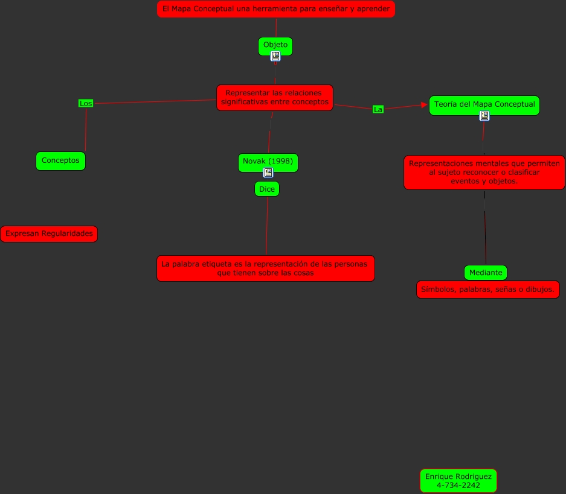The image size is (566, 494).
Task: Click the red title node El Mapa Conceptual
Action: (x=275, y=9)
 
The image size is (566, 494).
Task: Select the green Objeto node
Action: (x=275, y=45)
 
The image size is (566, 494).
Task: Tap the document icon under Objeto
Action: (x=275, y=56)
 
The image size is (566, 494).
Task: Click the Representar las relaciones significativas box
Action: (x=275, y=98)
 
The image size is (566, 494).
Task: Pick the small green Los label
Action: (x=86, y=104)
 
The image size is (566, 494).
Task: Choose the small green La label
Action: (x=378, y=109)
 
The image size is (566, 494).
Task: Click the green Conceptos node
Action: (x=60, y=161)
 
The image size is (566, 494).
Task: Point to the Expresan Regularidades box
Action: (x=49, y=233)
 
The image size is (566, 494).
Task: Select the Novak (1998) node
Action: (x=268, y=162)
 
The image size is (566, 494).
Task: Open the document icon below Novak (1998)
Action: (x=268, y=173)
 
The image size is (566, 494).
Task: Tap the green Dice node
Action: (x=267, y=189)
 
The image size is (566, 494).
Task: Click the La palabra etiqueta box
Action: (x=266, y=268)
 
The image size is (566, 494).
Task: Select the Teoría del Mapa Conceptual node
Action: (x=484, y=105)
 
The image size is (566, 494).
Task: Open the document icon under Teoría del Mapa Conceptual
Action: (x=484, y=116)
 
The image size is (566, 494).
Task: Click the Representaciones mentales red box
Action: (x=484, y=173)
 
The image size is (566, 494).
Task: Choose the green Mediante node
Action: (x=486, y=273)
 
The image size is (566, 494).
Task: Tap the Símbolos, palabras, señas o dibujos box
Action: (x=487, y=290)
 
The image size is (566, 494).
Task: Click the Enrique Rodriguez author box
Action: (x=458, y=477)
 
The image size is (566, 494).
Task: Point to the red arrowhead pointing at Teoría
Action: (x=424, y=105)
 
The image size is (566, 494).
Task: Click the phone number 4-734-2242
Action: (x=458, y=485)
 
